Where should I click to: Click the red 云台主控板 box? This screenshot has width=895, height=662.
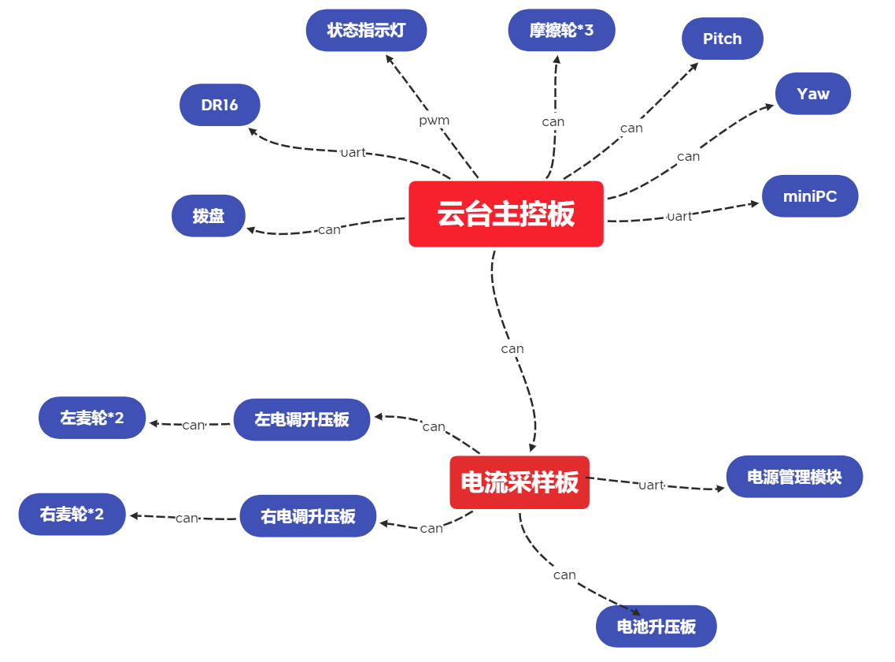505,214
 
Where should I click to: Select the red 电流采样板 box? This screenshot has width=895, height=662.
520,482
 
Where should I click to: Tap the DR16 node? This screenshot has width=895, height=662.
220,105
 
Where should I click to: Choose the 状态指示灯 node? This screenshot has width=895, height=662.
366,31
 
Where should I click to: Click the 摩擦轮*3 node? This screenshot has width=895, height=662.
561,31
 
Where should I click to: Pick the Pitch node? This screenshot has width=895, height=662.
722,39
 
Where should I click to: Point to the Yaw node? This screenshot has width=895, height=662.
812,94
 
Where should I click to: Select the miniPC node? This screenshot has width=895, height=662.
809,196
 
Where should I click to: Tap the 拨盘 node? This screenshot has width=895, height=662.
209,216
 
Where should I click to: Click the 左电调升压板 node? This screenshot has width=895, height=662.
301,419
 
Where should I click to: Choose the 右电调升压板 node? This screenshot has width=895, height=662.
308,516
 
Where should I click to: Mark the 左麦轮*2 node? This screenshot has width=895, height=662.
92,418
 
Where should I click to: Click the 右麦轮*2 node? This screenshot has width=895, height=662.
72,515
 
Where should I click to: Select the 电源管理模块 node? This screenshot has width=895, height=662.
794,477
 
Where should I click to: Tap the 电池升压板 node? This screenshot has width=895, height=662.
656,627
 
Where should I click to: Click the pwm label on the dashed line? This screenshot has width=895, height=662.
434,121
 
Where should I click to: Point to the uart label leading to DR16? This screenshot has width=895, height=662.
353,152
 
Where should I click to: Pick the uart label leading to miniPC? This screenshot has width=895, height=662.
679,216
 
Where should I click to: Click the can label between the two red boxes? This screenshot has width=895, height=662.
512,348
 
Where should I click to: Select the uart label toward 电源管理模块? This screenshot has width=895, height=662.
651,485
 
